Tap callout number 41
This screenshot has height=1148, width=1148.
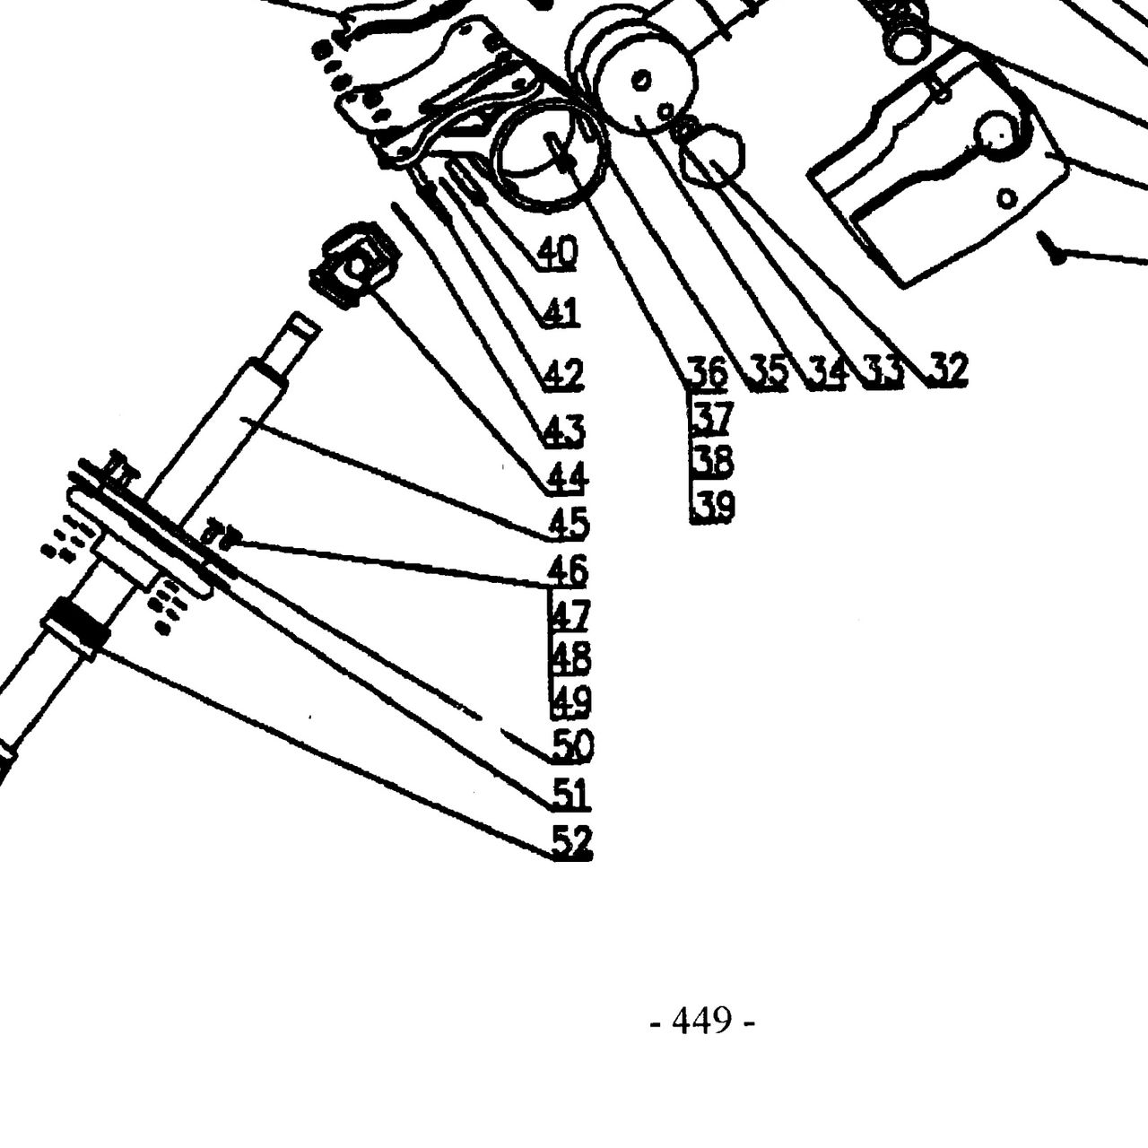561,312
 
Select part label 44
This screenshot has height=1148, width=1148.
567,477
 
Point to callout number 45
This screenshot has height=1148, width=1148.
569,523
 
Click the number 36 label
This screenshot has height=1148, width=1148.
707,371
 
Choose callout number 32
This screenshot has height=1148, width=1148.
948,369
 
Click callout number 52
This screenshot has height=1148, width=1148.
572,841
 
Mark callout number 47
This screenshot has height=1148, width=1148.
570,615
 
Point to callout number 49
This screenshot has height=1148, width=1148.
570,701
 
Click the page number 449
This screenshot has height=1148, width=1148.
701,1021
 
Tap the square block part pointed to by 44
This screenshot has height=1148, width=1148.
356,265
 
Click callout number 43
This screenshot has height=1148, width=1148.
565,430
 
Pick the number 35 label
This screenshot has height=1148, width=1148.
769,372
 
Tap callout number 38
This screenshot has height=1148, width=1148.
713,461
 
